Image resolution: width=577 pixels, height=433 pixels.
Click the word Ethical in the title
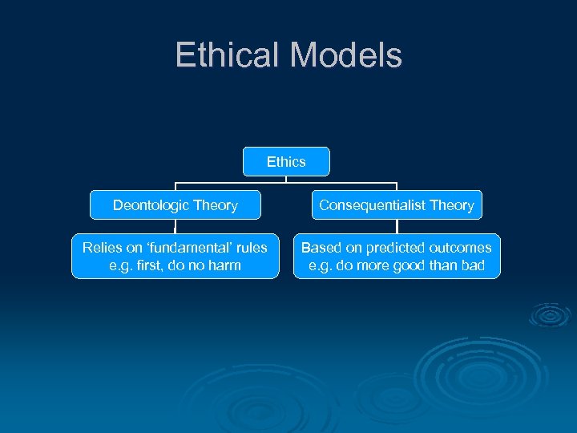pyautogui.click(x=228, y=55)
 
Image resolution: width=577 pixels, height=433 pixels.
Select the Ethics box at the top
pyautogui.click(x=286, y=162)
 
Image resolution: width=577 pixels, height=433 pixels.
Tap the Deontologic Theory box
pyautogui.click(x=176, y=205)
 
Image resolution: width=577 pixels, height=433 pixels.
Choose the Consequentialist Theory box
pyautogui.click(x=397, y=205)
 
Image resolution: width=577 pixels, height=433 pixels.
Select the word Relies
pyautogui.click(x=101, y=248)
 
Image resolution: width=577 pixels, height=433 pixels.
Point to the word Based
pyautogui.click(x=320, y=248)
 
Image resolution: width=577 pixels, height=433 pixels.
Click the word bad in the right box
pyautogui.click(x=472, y=265)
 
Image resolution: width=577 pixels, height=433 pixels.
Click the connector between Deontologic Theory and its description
pyautogui.click(x=176, y=227)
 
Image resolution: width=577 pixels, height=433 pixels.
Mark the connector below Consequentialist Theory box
pyautogui.click(x=397, y=227)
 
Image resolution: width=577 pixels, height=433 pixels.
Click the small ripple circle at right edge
pyautogui.click(x=550, y=316)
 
